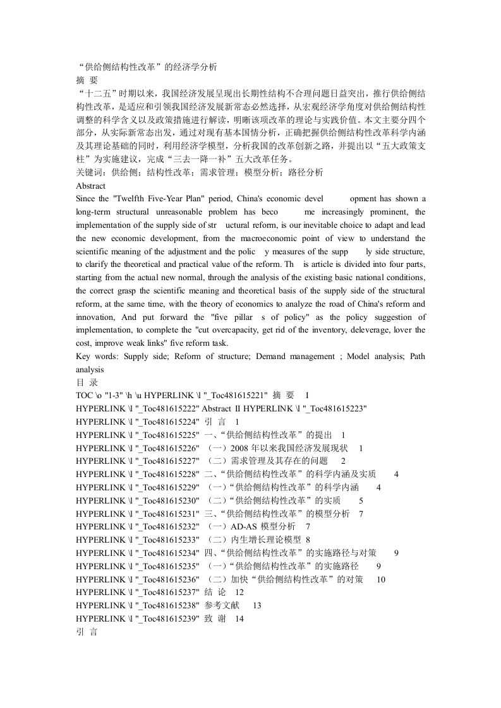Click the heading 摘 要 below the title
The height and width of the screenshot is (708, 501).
87,81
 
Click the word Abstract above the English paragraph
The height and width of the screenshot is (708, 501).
90,186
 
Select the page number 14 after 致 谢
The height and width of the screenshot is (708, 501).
239,619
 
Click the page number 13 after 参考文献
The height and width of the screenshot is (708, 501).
257,606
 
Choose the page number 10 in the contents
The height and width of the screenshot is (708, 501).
381,579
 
